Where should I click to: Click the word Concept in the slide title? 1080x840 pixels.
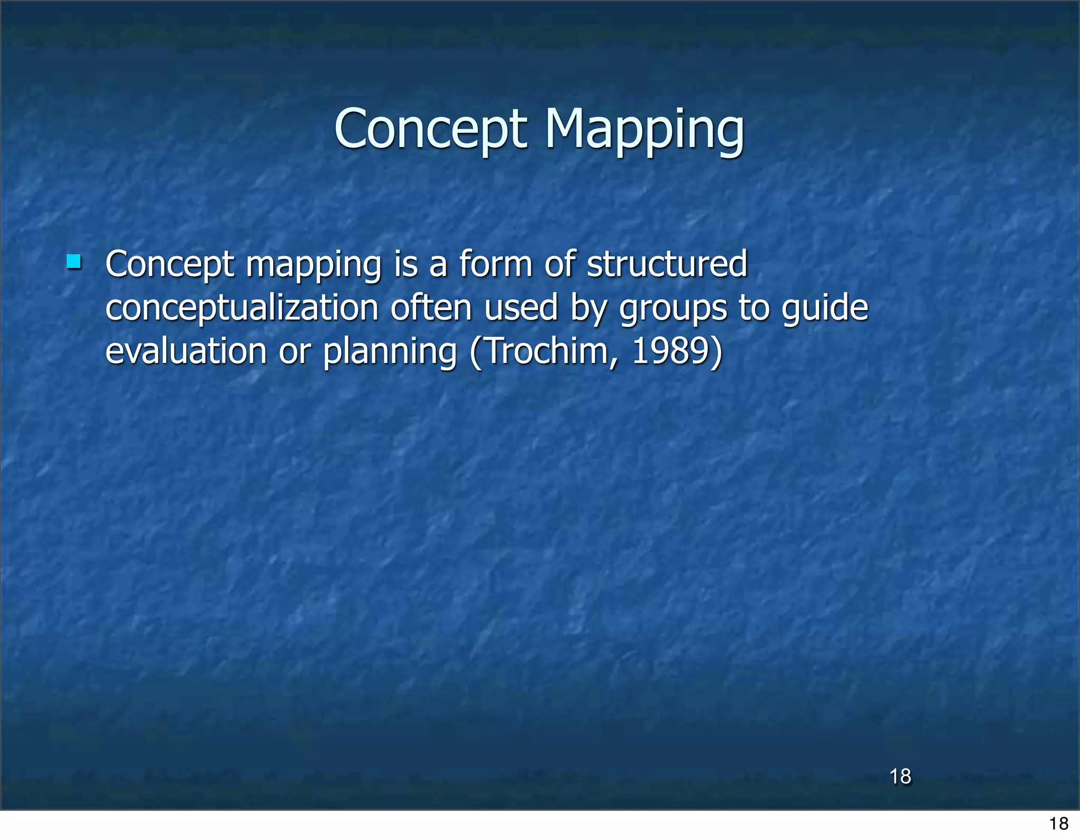pyautogui.click(x=430, y=129)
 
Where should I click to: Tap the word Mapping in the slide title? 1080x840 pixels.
pyautogui.click(x=644, y=129)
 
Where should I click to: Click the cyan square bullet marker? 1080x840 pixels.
pyautogui.click(x=74, y=262)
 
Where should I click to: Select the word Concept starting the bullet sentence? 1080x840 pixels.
pyautogui.click(x=169, y=264)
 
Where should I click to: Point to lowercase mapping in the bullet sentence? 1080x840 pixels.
pyautogui.click(x=314, y=265)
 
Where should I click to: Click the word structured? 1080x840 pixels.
pyautogui.click(x=667, y=264)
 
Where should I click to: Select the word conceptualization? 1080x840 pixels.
pyautogui.click(x=242, y=308)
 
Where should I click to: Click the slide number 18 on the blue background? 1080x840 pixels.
pyautogui.click(x=900, y=776)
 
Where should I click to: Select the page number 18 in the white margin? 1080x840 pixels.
pyautogui.click(x=1058, y=823)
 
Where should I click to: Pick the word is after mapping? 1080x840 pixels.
pyautogui.click(x=406, y=264)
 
